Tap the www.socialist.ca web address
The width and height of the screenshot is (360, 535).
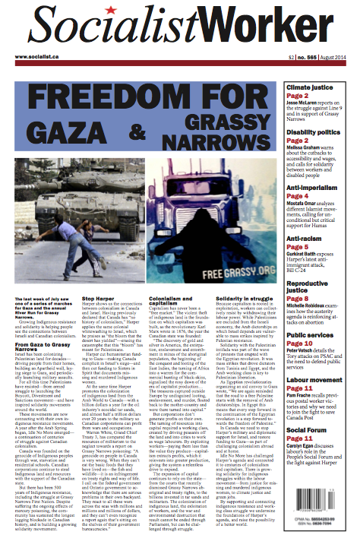tap(36, 56)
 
